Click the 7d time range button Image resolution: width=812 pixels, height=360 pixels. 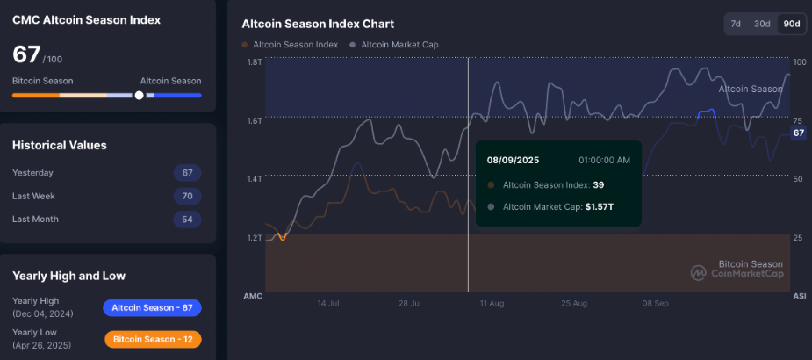point(736,24)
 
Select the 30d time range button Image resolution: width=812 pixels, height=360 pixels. point(762,24)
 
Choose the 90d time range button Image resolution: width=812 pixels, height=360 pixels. point(791,24)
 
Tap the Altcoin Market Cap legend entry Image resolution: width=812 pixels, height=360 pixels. point(394,45)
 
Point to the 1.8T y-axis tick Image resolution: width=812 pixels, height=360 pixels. point(255,61)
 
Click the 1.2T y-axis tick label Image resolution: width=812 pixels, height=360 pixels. point(255,238)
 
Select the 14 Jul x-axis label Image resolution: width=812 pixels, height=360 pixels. point(327,303)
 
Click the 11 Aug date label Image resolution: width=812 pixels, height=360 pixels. point(492,303)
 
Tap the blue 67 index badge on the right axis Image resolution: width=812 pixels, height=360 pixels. point(798,133)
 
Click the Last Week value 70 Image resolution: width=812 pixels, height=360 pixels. point(188,196)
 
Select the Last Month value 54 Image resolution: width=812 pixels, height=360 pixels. point(188,219)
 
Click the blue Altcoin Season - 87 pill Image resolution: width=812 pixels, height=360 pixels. point(153,307)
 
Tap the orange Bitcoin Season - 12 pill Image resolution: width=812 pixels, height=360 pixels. point(153,339)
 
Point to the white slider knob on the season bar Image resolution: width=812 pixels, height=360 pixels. point(139,95)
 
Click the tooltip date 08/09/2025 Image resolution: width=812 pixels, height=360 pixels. point(514,160)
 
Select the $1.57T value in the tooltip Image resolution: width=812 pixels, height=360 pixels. point(600,207)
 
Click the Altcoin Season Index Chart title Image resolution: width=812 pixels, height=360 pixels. point(318,24)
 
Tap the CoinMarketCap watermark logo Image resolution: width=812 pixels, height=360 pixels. point(699,273)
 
